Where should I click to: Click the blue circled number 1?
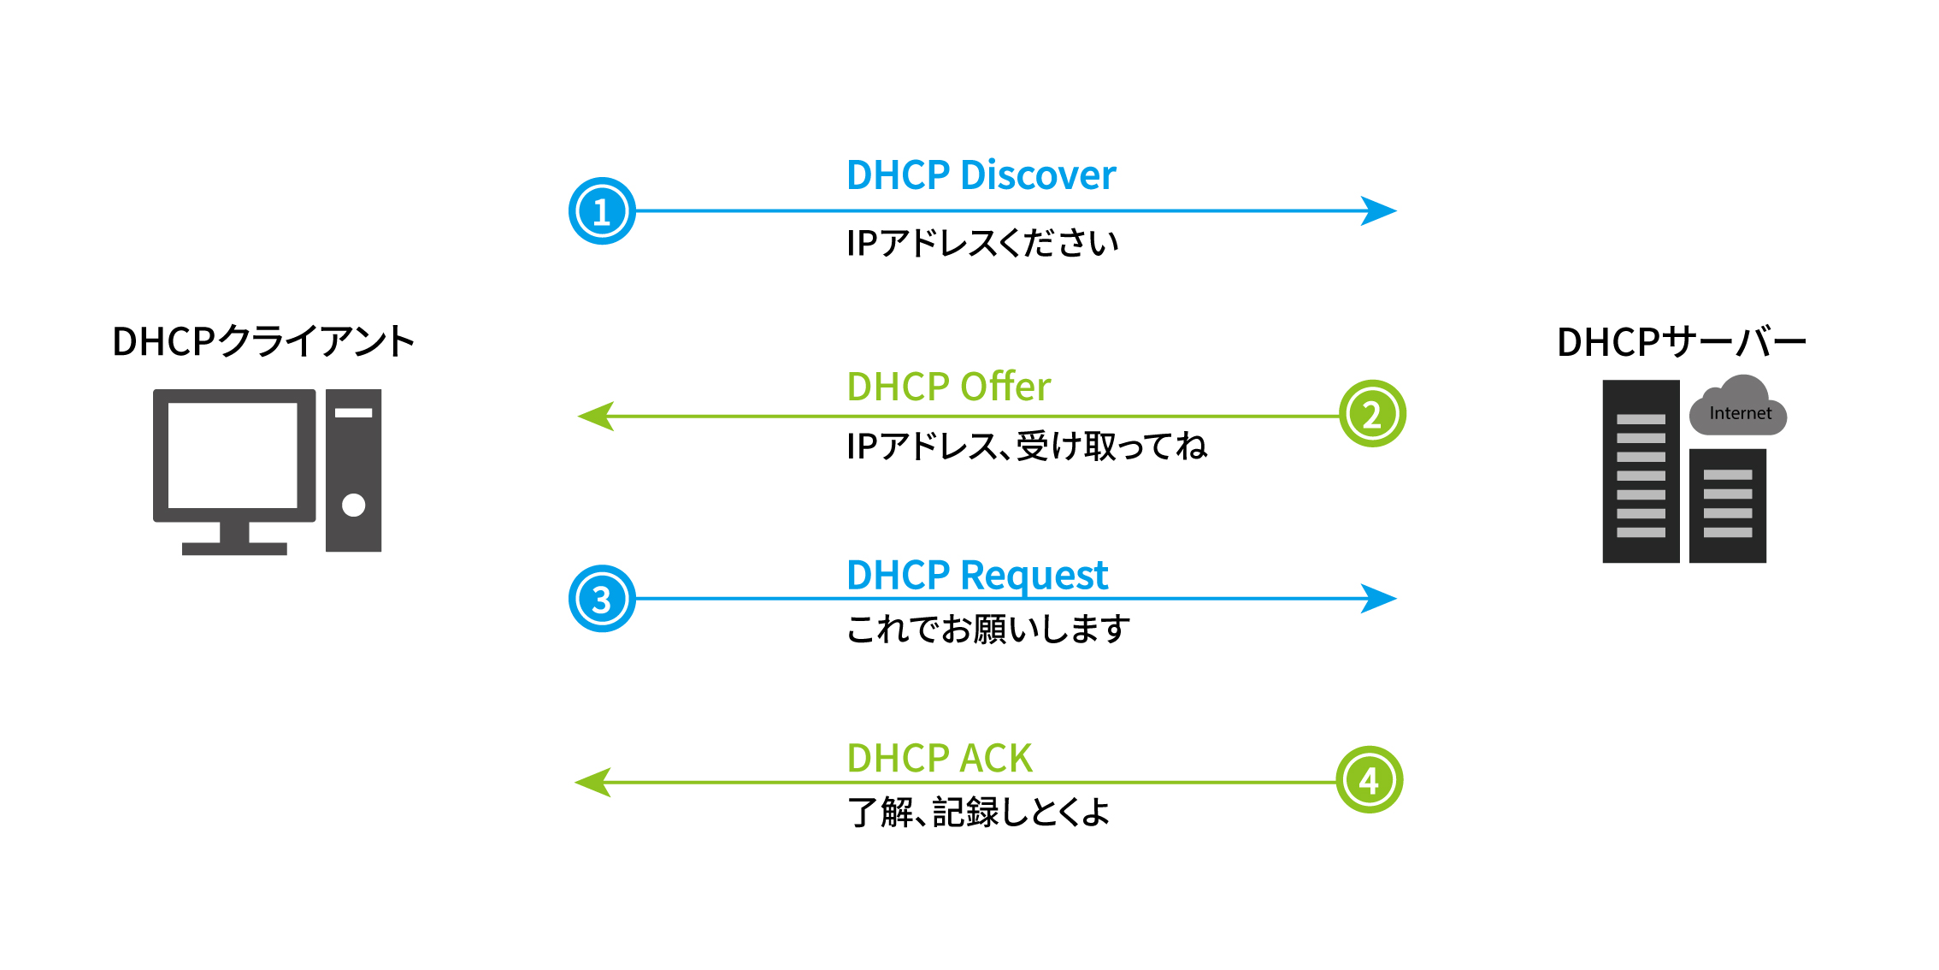point(602,211)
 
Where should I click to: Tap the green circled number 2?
point(1371,414)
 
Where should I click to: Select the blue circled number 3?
point(602,599)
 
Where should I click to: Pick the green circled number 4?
point(1369,780)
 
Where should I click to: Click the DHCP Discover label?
point(981,175)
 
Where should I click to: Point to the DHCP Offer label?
point(948,387)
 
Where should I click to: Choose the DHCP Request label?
point(976,575)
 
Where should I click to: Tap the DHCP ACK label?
point(939,758)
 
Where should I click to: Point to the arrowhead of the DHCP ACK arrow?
point(592,782)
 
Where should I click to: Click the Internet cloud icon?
point(1738,409)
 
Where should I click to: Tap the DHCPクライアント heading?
point(262,341)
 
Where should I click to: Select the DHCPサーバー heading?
point(1681,342)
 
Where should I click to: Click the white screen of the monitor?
point(233,455)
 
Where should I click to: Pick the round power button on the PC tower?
point(353,506)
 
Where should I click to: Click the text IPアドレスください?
point(981,244)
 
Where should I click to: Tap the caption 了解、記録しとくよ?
point(978,812)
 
